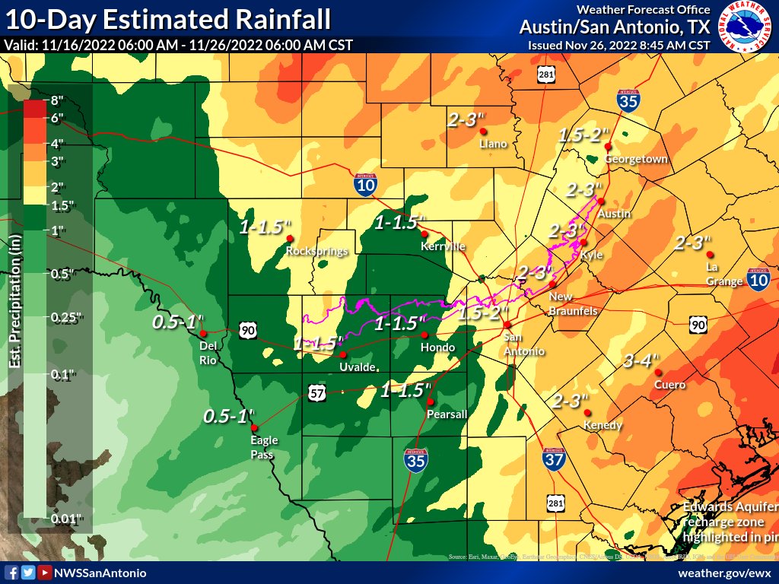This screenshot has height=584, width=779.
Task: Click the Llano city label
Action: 494,144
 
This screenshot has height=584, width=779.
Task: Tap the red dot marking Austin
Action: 600,202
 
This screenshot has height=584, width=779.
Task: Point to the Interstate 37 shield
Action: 553,459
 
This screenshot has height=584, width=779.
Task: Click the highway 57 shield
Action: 317,392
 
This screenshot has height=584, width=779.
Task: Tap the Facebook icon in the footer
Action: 11,573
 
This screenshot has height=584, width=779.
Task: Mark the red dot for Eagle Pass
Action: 253,427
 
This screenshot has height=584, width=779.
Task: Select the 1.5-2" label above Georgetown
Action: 584,135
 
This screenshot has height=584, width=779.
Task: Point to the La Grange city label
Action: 723,274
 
